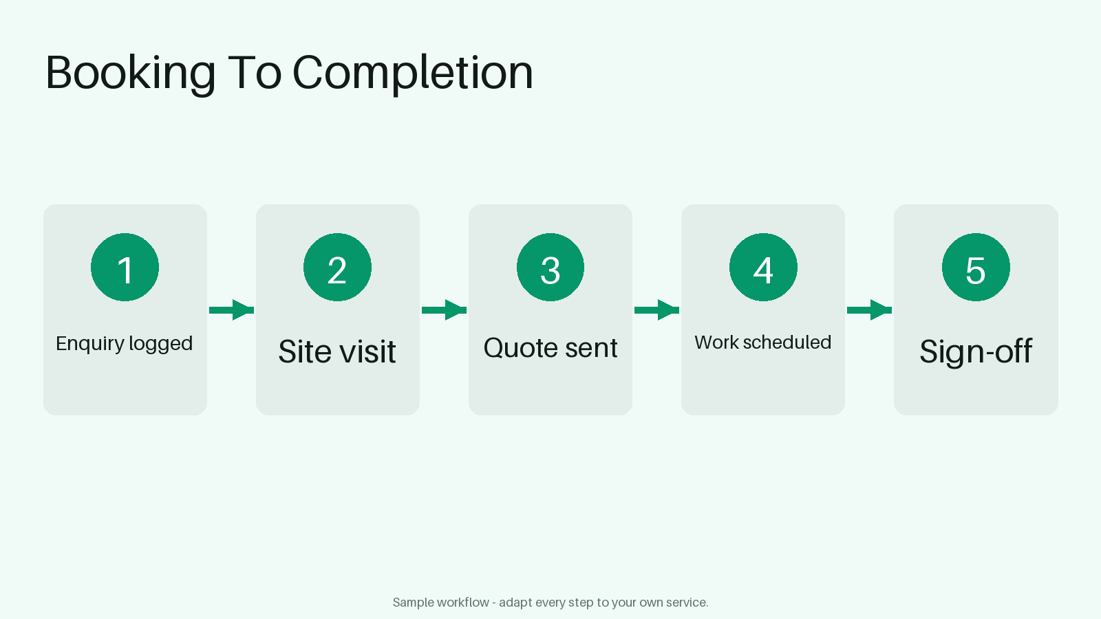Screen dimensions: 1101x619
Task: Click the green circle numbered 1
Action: [125, 268]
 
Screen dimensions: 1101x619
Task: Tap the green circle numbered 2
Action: [337, 268]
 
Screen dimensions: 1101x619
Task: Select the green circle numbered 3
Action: [550, 268]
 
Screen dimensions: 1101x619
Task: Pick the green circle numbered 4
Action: [763, 268]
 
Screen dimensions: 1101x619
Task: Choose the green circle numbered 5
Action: [976, 268]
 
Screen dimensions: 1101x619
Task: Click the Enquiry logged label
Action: [125, 344]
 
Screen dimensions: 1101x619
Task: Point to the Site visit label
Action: [337, 351]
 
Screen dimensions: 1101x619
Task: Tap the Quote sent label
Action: [550, 348]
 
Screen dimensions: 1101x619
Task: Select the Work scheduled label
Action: [763, 343]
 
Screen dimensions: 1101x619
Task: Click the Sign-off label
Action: [976, 351]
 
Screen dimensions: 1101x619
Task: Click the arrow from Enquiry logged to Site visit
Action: [231, 310]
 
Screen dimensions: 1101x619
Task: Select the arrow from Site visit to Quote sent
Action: [445, 310]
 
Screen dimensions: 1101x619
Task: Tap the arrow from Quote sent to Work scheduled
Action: [656, 310]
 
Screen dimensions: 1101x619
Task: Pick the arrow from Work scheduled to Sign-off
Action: [870, 310]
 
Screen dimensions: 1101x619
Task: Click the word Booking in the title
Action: [131, 74]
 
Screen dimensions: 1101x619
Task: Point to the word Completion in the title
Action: [413, 74]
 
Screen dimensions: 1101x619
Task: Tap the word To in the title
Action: [255, 73]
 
